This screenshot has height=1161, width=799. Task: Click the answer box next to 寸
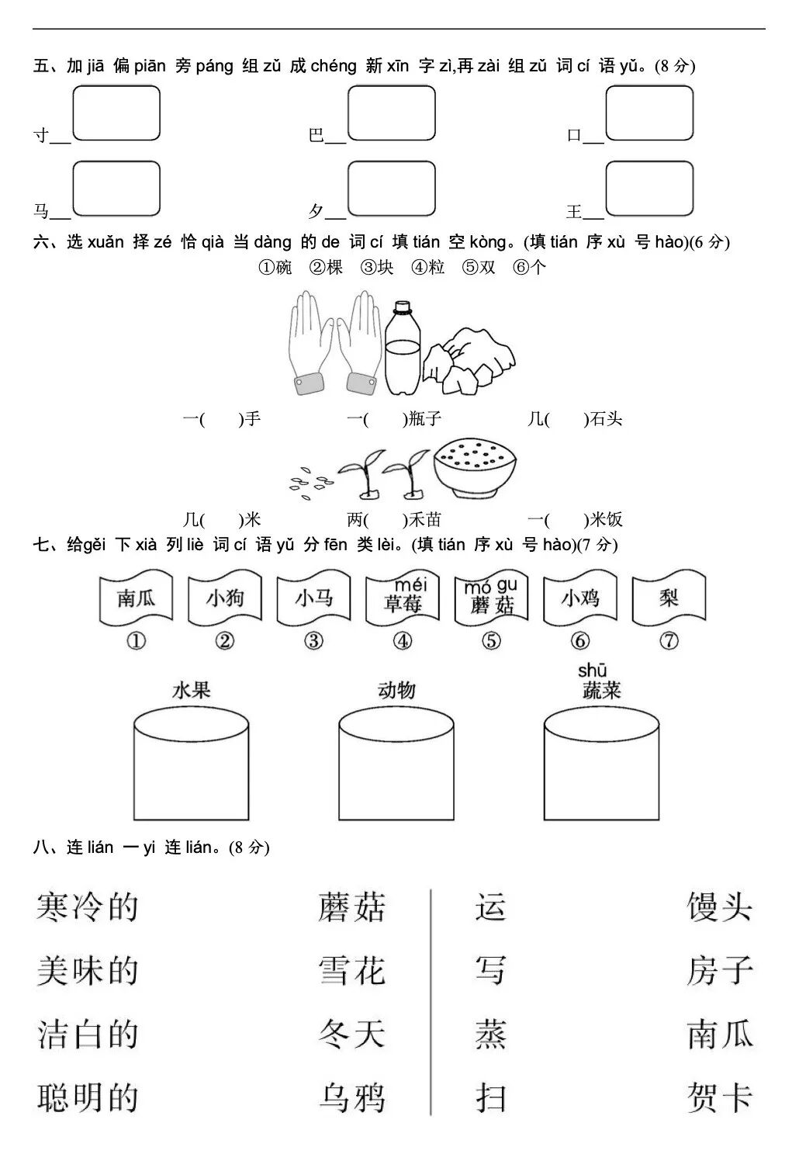tap(116, 113)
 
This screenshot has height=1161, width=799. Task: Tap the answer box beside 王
tap(649, 189)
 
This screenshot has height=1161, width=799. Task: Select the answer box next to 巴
tap(392, 113)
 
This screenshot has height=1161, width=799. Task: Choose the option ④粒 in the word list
tap(428, 268)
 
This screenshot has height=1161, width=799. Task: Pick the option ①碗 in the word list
tap(275, 268)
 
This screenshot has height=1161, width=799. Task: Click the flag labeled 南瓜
tap(137, 598)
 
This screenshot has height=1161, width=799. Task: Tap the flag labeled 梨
tap(669, 598)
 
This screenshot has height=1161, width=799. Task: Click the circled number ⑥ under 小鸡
tap(580, 641)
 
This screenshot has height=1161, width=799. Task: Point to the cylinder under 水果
tap(191, 764)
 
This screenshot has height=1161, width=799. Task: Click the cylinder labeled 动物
tap(396, 764)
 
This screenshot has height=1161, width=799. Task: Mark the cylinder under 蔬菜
tap(601, 764)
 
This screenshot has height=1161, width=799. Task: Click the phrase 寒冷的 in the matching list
tap(87, 907)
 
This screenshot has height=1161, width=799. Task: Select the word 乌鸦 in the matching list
tap(352, 1098)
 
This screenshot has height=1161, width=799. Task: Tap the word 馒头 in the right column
tap(720, 907)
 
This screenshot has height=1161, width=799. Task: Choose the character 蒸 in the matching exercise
tap(490, 1035)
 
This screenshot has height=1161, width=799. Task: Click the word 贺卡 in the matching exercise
tap(720, 1098)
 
